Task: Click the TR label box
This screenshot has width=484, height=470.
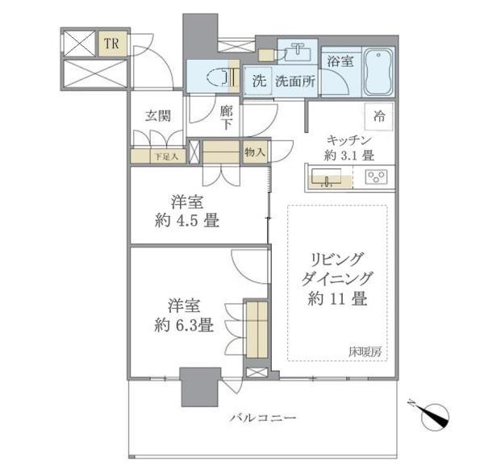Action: click(x=113, y=44)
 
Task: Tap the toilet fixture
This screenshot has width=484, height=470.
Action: click(x=219, y=77)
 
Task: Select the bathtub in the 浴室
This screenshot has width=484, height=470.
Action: click(x=379, y=72)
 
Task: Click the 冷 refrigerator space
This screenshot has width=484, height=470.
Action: click(x=379, y=117)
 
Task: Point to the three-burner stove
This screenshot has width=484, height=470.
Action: click(x=376, y=177)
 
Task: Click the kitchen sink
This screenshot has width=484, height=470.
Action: click(x=326, y=177)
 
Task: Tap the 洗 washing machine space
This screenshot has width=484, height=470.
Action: click(x=258, y=81)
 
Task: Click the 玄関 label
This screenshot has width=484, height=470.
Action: click(x=158, y=116)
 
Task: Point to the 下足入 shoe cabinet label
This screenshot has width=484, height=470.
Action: click(x=167, y=157)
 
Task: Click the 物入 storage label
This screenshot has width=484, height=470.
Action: click(x=255, y=152)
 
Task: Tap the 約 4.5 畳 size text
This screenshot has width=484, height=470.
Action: click(x=187, y=221)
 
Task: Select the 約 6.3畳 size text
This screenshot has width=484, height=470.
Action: click(x=184, y=325)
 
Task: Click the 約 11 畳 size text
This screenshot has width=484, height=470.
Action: click(x=337, y=298)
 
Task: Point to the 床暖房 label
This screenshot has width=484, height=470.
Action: click(x=365, y=351)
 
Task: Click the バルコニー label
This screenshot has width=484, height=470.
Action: click(x=263, y=418)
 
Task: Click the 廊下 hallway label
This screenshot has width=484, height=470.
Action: click(x=227, y=118)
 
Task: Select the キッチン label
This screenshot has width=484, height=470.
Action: click(x=349, y=140)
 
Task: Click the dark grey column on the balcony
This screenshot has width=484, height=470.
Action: click(x=199, y=387)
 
